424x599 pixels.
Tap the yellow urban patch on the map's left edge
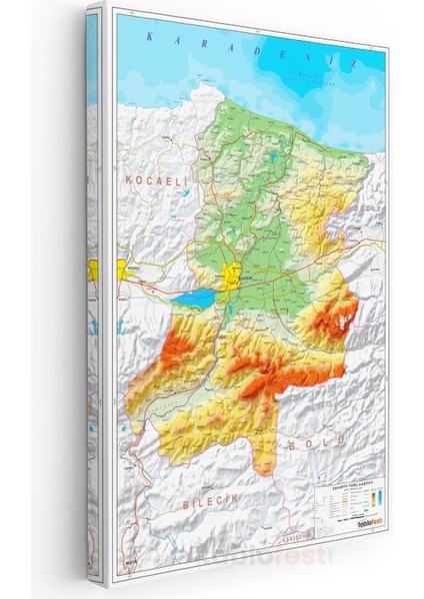(124, 267)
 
